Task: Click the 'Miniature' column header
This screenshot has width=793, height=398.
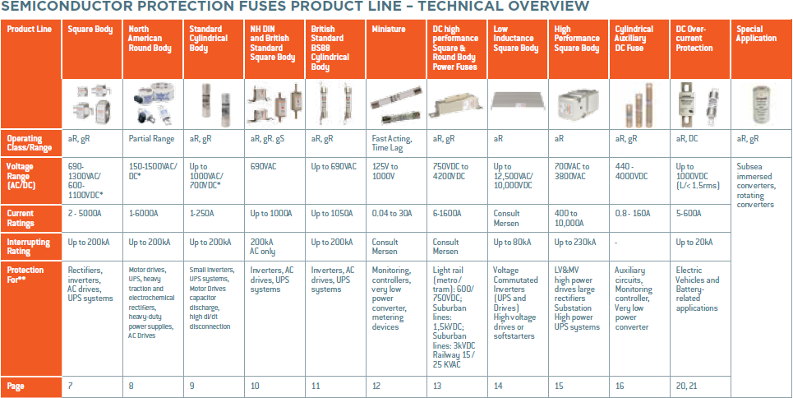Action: click(x=389, y=29)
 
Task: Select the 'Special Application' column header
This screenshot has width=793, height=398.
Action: click(x=757, y=34)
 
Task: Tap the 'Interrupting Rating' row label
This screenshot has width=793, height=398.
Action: click(x=29, y=247)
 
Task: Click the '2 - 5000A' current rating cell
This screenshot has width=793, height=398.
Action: click(x=86, y=214)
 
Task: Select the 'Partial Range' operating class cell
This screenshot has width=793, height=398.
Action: click(x=151, y=139)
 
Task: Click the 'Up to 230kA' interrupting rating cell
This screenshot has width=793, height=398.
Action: click(x=575, y=243)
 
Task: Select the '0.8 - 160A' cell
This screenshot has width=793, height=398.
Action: click(x=634, y=214)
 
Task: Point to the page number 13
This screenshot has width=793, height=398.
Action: click(x=436, y=386)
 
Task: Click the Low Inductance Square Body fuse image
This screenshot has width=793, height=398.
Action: click(x=518, y=103)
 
